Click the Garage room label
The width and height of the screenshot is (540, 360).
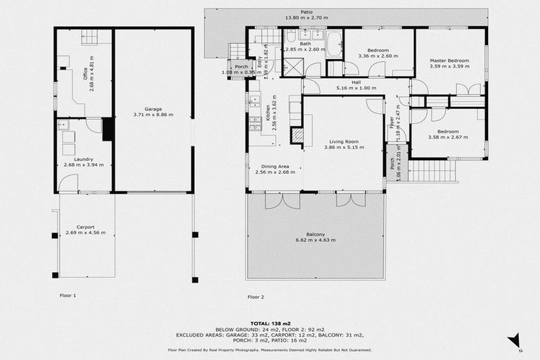tap(153, 109)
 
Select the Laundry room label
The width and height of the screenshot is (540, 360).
tap(83, 159)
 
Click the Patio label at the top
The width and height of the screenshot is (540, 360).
tap(307, 11)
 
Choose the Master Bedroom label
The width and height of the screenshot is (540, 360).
tap(449, 61)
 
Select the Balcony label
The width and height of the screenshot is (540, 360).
tap(316, 234)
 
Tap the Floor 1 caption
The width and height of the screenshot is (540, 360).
tap(67, 296)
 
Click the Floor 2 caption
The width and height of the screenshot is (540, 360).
tap(256, 297)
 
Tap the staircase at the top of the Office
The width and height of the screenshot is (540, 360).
tap(92, 37)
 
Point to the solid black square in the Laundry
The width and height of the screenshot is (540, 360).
tap(108, 129)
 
